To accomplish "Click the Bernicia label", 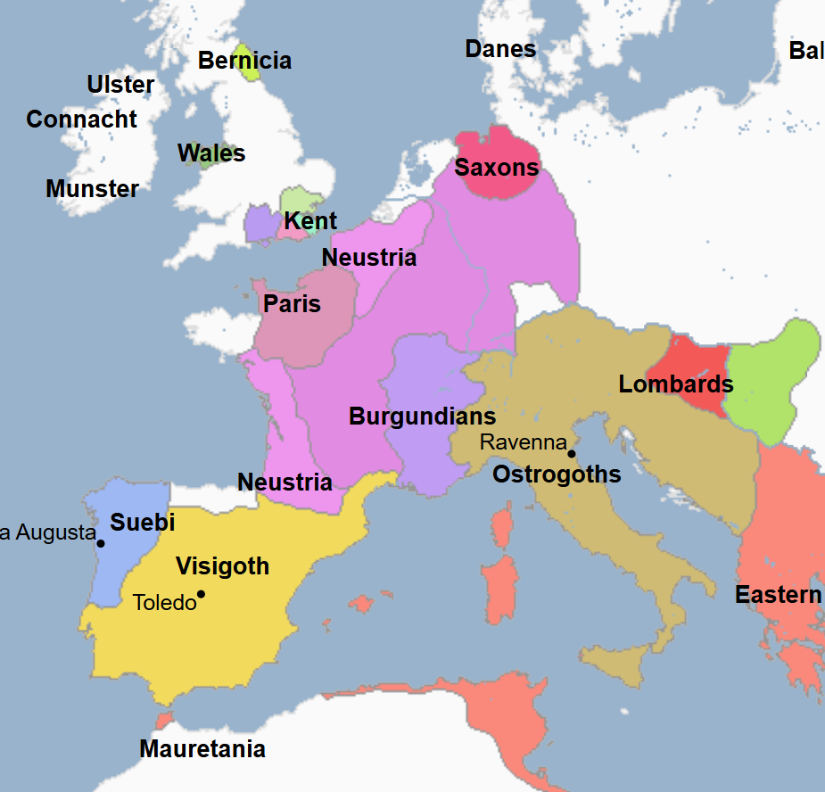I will [244, 61].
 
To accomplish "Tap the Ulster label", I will [120, 85].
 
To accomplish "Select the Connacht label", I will [81, 120].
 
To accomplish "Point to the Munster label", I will [92, 189].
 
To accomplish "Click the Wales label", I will [211, 153].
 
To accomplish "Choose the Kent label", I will [310, 221].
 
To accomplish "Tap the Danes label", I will [500, 49].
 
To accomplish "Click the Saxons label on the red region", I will [497, 168].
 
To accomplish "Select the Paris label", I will [292, 304].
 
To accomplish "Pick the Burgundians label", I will [422, 417].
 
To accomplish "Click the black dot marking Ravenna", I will [572, 453].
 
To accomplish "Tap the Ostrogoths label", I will [557, 474].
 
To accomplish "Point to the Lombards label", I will [675, 384].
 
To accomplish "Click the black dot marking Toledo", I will [201, 594].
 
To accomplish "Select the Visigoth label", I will [222, 566].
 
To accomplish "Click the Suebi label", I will [142, 523].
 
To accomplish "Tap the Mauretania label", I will [202, 749].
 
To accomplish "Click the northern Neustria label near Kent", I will [368, 258].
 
